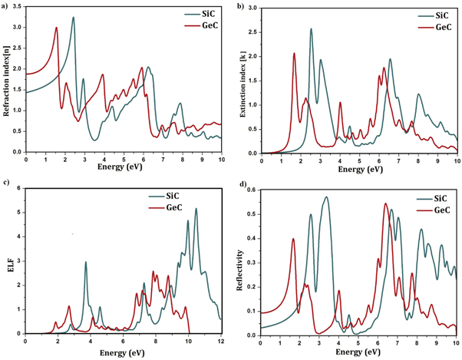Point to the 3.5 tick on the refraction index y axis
point(18,8)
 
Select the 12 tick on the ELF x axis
point(221,342)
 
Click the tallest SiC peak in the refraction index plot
point(74,18)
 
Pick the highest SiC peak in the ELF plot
point(196,209)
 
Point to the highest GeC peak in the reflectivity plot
point(385,203)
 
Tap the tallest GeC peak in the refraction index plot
point(56,28)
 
